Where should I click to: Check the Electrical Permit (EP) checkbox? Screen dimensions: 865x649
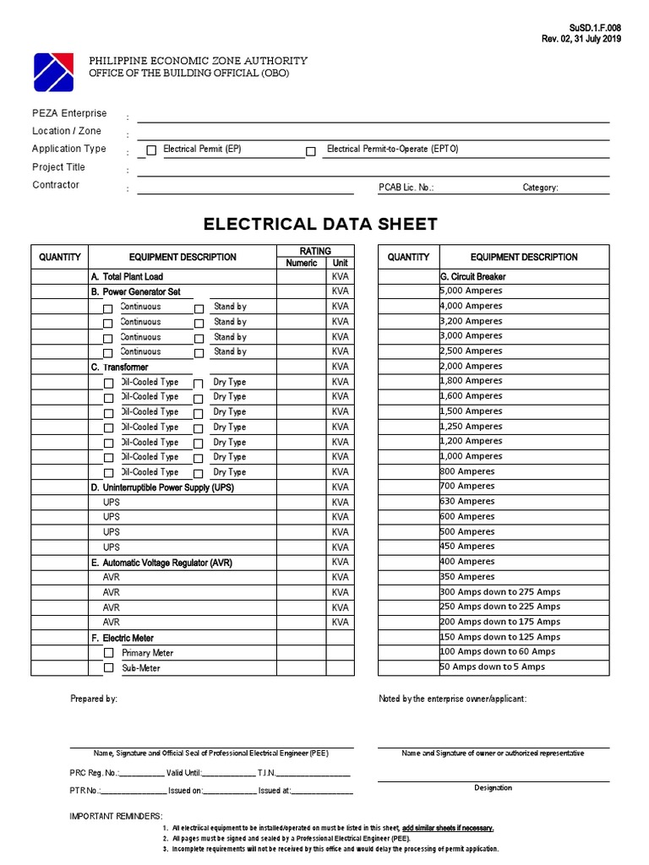tap(151, 151)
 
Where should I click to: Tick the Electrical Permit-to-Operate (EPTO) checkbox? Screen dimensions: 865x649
tap(311, 151)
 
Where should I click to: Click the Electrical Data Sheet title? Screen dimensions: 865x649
tap(320, 224)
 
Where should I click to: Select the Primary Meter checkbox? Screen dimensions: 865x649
tap(108, 653)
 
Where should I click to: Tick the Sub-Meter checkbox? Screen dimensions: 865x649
tap(108, 668)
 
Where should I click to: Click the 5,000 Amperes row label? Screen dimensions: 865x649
tap(471, 291)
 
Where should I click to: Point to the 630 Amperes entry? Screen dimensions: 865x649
tap(467, 501)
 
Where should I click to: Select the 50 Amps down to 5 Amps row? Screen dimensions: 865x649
tap(493, 666)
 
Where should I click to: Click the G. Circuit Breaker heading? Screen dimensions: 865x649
tap(473, 276)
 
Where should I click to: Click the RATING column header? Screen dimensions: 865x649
tap(315, 251)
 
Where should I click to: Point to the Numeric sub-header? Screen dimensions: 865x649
tap(302, 263)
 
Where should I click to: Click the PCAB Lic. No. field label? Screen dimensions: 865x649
tap(406, 188)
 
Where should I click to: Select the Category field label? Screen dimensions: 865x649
tap(540, 188)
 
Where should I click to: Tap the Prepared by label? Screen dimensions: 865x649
tap(93, 699)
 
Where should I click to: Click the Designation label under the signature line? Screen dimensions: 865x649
tap(493, 787)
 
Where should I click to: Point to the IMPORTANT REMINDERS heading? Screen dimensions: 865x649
tap(116, 816)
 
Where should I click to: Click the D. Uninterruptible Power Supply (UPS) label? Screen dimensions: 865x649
tap(162, 487)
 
